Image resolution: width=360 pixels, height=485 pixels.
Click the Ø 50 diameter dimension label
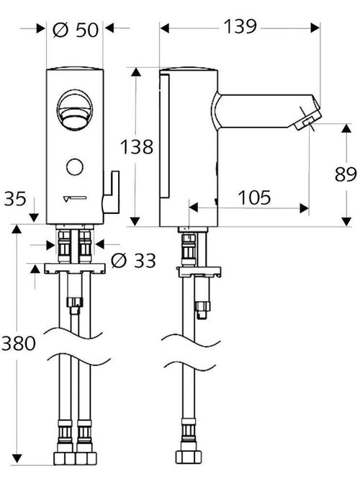(75, 31)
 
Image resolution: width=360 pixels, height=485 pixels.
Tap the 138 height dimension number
(138, 147)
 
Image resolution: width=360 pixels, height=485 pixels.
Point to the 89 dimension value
(346, 174)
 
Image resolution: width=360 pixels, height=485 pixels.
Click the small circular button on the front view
(75, 168)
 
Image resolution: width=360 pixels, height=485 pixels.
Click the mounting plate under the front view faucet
(76, 269)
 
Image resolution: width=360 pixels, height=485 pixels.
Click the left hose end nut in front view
(64, 459)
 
